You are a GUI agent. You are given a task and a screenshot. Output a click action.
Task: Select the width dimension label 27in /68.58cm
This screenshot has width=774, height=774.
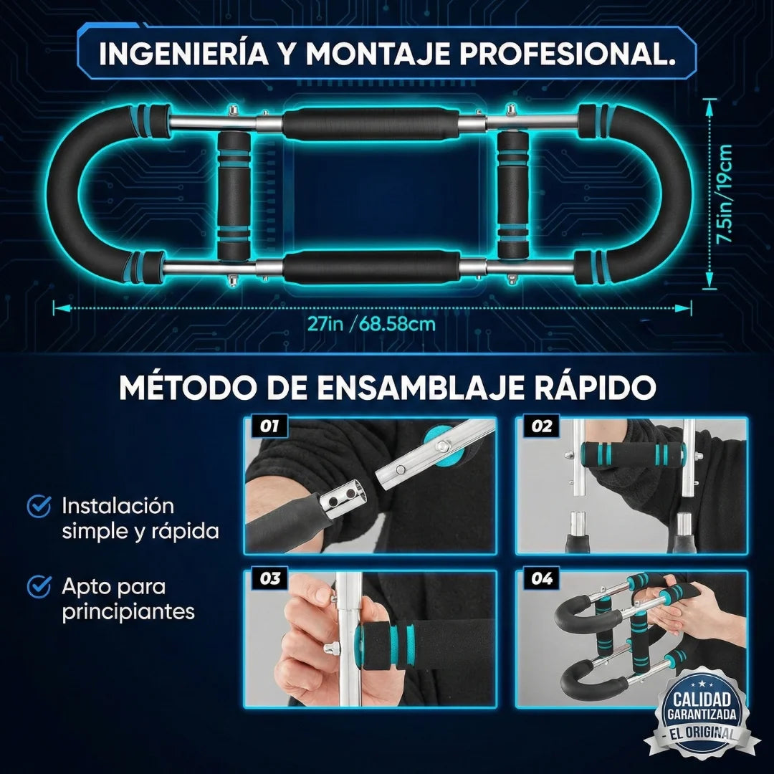(x=371, y=323)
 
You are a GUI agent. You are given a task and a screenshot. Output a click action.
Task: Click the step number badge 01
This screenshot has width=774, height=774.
(x=269, y=426)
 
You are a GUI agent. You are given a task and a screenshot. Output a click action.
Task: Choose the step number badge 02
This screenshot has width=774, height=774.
(x=543, y=426)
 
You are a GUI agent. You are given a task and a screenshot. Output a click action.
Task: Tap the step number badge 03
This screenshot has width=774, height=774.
(x=269, y=579)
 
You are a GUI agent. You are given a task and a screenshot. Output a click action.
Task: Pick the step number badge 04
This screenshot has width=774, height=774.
(x=543, y=579)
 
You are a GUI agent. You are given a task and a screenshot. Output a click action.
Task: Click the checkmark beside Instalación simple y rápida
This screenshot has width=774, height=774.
(x=38, y=507)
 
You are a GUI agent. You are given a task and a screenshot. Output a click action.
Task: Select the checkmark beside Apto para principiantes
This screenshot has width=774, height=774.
(x=38, y=588)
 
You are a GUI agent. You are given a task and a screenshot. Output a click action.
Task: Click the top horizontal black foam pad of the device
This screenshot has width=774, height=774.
(x=371, y=123)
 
